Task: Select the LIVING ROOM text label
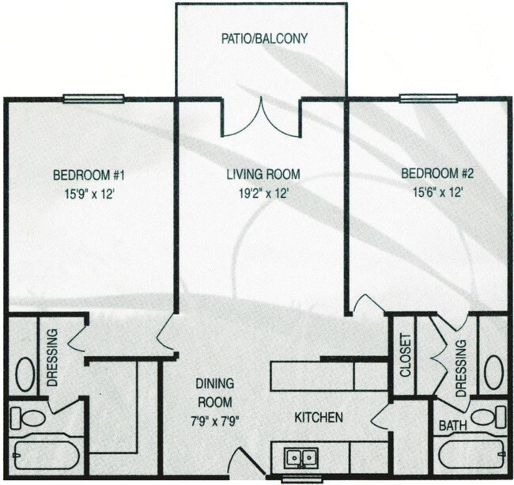click(260, 174)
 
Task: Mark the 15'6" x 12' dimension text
click(432, 191)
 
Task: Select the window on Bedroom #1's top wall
click(94, 99)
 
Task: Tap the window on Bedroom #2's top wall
click(429, 99)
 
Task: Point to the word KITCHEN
click(319, 417)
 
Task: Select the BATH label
click(453, 426)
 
